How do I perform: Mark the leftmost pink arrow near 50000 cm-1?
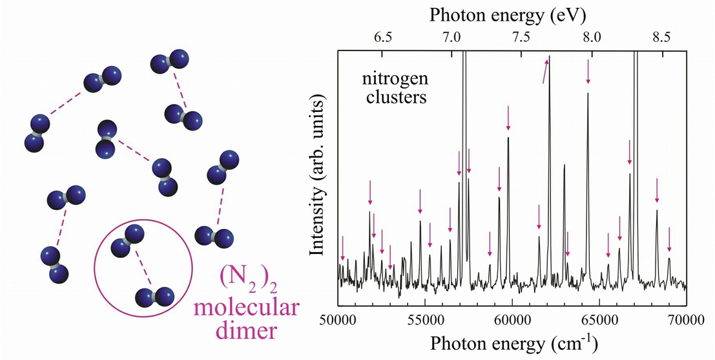[x=342, y=247]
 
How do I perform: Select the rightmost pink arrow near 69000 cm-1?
[x=669, y=240]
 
